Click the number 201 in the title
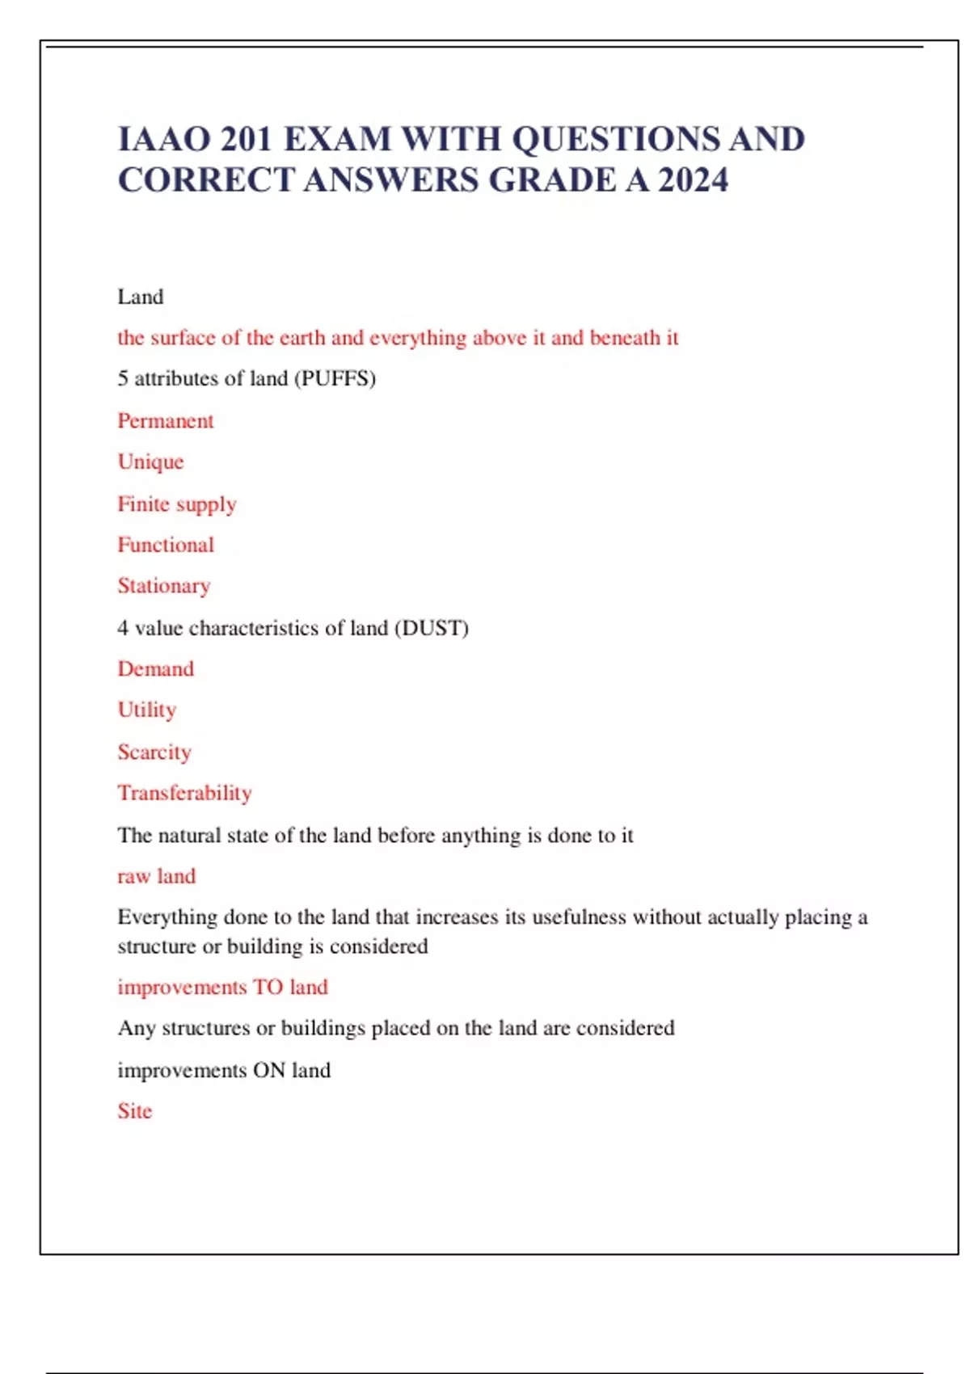246,139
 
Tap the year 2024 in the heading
693,179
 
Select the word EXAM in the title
336,139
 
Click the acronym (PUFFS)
334,378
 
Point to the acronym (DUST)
431,628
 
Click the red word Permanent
166,421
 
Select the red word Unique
151,462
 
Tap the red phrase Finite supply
177,504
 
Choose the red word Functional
166,545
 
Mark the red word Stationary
164,586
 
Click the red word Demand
156,669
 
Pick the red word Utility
147,710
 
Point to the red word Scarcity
154,752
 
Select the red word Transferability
185,793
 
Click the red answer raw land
157,876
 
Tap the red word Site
135,1111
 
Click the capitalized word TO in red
268,987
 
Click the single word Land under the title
141,297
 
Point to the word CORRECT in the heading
206,179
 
